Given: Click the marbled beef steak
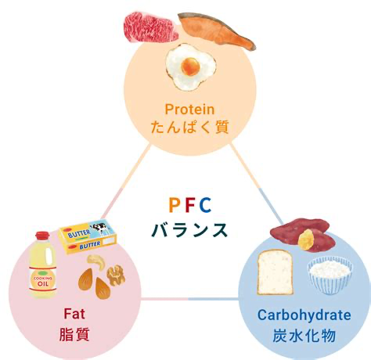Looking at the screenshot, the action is point(151,27).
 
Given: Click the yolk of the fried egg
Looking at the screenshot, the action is point(191,66).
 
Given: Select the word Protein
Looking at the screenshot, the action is point(189,109).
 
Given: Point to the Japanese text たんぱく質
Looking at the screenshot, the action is point(190,127).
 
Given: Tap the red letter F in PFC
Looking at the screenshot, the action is point(190,205).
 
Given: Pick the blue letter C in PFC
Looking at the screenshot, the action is point(205,205).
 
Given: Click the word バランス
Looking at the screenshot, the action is point(189,230).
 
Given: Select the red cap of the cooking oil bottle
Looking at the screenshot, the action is point(42,236).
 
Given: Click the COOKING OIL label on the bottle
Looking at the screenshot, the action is point(43,280).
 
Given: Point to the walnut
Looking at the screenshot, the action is point(116,275).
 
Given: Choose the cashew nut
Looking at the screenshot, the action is point(97,262).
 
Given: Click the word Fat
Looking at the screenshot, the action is point(74,314).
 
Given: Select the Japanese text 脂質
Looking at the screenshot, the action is point(74,334).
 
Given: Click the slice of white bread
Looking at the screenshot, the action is point(275,272).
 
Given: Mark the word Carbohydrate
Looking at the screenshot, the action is point(304,315).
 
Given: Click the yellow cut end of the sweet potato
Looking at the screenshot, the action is point(306,239).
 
